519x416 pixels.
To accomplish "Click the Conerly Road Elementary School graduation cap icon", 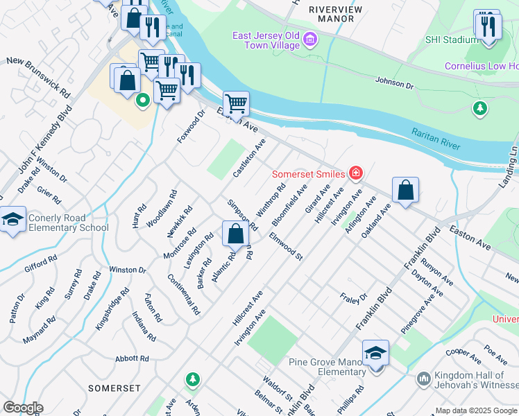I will (12, 220).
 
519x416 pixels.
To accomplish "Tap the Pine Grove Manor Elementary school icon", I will (375, 354).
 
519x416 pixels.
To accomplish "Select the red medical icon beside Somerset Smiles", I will (355, 173).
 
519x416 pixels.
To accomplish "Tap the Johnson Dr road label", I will (394, 84).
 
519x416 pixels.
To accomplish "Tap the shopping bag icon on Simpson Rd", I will (235, 233).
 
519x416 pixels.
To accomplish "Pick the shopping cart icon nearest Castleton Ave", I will (236, 104).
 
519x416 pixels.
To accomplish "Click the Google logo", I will (23, 408).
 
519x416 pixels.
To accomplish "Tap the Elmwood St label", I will (287, 247).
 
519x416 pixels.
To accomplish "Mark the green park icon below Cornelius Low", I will (479, 108).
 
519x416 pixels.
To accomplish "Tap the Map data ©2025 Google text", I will (476, 410).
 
